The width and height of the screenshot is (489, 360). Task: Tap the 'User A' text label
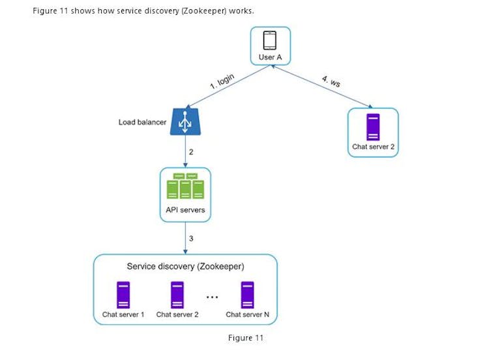(270, 58)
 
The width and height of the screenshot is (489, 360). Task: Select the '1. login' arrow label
(222, 82)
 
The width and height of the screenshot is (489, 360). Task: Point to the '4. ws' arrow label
(331, 81)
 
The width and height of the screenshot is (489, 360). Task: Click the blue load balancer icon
(186, 122)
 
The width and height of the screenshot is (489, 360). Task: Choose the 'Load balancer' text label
(142, 122)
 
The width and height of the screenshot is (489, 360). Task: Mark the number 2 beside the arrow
(191, 151)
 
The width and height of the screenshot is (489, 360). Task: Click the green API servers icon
(186, 187)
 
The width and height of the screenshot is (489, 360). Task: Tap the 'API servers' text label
(186, 210)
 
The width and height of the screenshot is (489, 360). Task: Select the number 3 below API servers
(191, 239)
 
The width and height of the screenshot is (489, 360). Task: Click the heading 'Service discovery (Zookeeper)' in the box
(185, 266)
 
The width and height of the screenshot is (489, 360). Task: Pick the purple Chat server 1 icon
(123, 294)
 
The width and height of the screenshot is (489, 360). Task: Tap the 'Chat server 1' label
(123, 314)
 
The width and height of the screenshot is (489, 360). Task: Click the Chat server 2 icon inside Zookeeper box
(177, 294)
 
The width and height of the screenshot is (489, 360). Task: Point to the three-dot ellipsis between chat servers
(212, 297)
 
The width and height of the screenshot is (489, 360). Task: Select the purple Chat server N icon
(248, 294)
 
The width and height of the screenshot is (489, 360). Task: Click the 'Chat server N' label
(248, 314)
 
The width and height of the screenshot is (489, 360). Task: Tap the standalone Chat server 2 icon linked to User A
(373, 127)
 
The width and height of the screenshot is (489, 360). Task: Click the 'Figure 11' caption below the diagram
(246, 337)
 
